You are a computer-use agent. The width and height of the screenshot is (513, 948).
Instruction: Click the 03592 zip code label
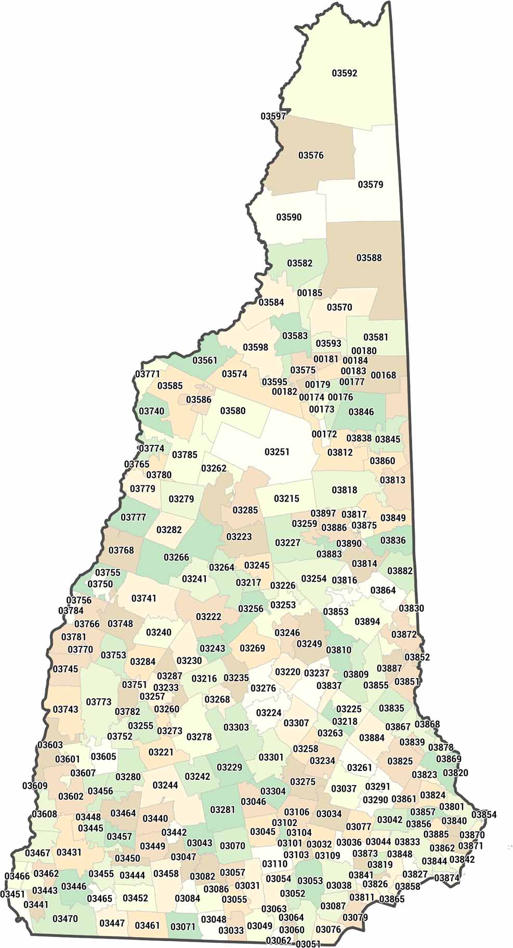click(344, 73)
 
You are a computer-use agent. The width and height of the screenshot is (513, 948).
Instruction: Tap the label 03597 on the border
click(273, 116)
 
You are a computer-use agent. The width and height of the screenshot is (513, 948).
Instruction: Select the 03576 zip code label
click(311, 155)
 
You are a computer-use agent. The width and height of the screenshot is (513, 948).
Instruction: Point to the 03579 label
click(370, 184)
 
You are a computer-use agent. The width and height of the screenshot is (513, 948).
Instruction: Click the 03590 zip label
click(288, 217)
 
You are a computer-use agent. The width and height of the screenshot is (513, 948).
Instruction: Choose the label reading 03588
click(369, 258)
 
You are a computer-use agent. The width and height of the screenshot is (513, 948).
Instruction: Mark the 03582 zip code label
click(300, 263)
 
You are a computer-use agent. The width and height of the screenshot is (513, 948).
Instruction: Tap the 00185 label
click(310, 293)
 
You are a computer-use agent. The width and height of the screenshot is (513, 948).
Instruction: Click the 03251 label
click(277, 452)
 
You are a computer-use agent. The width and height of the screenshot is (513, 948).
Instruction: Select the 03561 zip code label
click(205, 360)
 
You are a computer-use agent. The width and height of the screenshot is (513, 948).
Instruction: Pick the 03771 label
click(148, 374)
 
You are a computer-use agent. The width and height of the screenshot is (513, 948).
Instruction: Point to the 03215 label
click(286, 498)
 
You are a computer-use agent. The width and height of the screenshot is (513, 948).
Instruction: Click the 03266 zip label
click(176, 557)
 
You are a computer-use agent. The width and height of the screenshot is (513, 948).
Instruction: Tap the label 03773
click(99, 702)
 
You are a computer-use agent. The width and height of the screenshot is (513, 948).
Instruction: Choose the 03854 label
click(484, 815)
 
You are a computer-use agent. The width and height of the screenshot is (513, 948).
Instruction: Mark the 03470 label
click(65, 918)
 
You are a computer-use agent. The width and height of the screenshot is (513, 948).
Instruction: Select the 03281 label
click(222, 809)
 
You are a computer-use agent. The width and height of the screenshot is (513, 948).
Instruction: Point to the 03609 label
click(35, 786)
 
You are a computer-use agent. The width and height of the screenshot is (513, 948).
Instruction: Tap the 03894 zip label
click(367, 621)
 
